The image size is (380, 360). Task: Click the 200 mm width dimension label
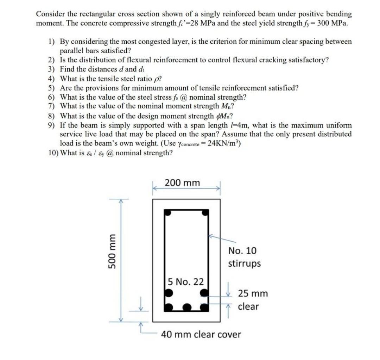(x=182, y=183)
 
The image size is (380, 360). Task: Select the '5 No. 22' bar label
(x=185, y=282)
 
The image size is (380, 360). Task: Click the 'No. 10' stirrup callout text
(x=242, y=251)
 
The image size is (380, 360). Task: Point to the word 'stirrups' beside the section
(x=244, y=263)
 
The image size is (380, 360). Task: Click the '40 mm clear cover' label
(x=201, y=334)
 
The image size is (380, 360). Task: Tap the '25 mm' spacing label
(x=253, y=293)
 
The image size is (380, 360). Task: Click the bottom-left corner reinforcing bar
(x=169, y=307)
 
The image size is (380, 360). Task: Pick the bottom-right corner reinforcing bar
(x=204, y=307)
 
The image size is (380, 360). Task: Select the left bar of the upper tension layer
(x=169, y=292)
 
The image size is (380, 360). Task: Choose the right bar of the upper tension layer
(x=204, y=292)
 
